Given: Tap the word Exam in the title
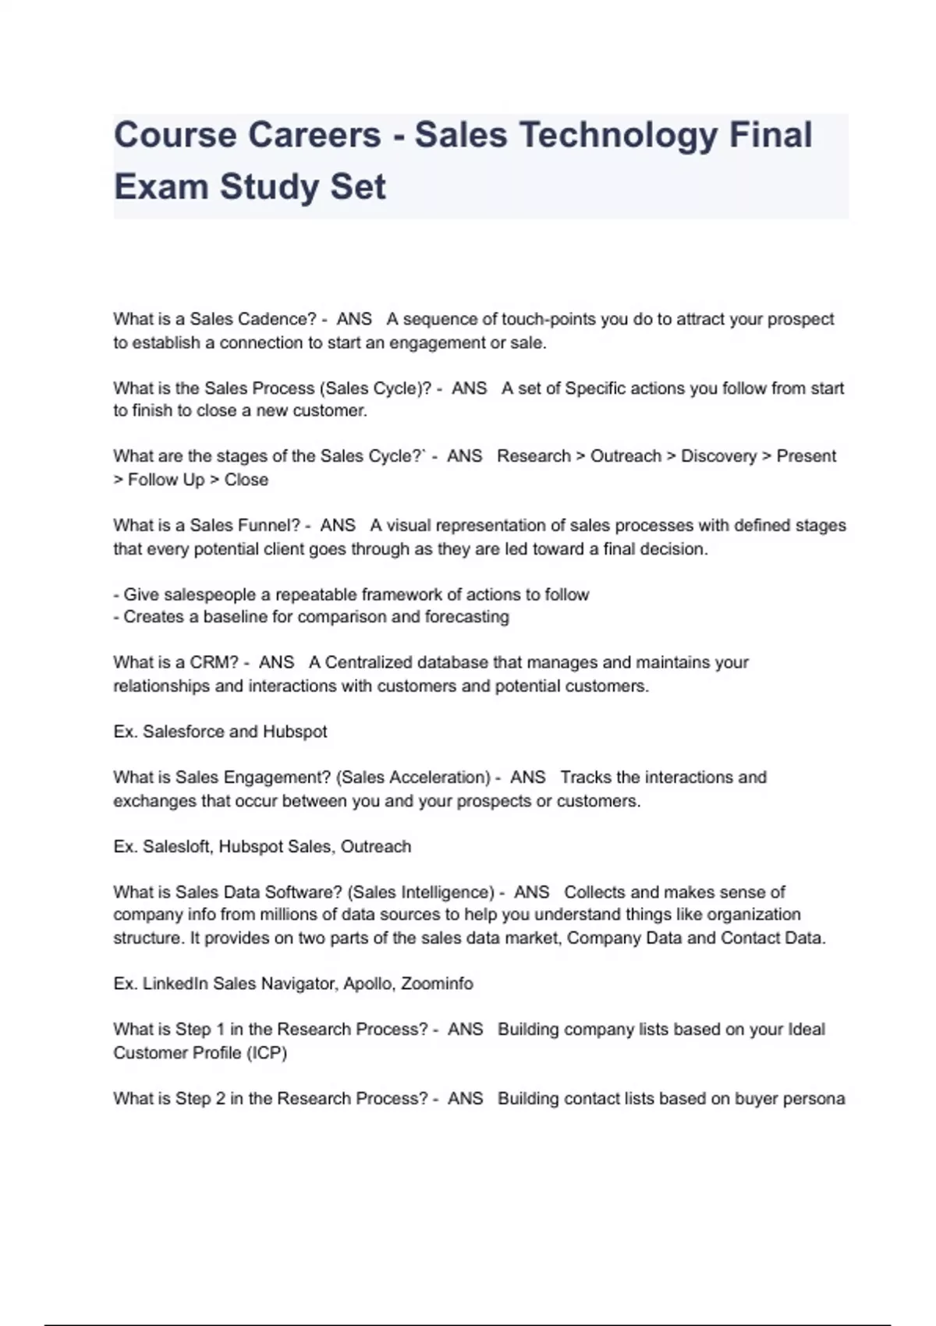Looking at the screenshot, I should (160, 187).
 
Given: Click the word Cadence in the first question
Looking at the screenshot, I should (272, 319).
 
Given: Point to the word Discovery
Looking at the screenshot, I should (718, 456).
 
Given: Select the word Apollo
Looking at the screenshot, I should (367, 984).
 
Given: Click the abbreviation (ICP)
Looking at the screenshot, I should (267, 1053).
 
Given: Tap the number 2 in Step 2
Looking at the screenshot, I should (221, 1099).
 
